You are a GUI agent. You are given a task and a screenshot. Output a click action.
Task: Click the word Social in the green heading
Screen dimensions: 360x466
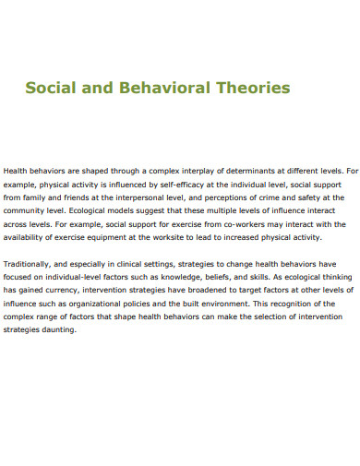[x=52, y=89]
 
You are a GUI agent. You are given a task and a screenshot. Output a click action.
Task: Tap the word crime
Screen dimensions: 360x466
[x=260, y=197]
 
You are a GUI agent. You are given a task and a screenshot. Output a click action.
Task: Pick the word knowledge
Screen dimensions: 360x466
[x=183, y=276]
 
